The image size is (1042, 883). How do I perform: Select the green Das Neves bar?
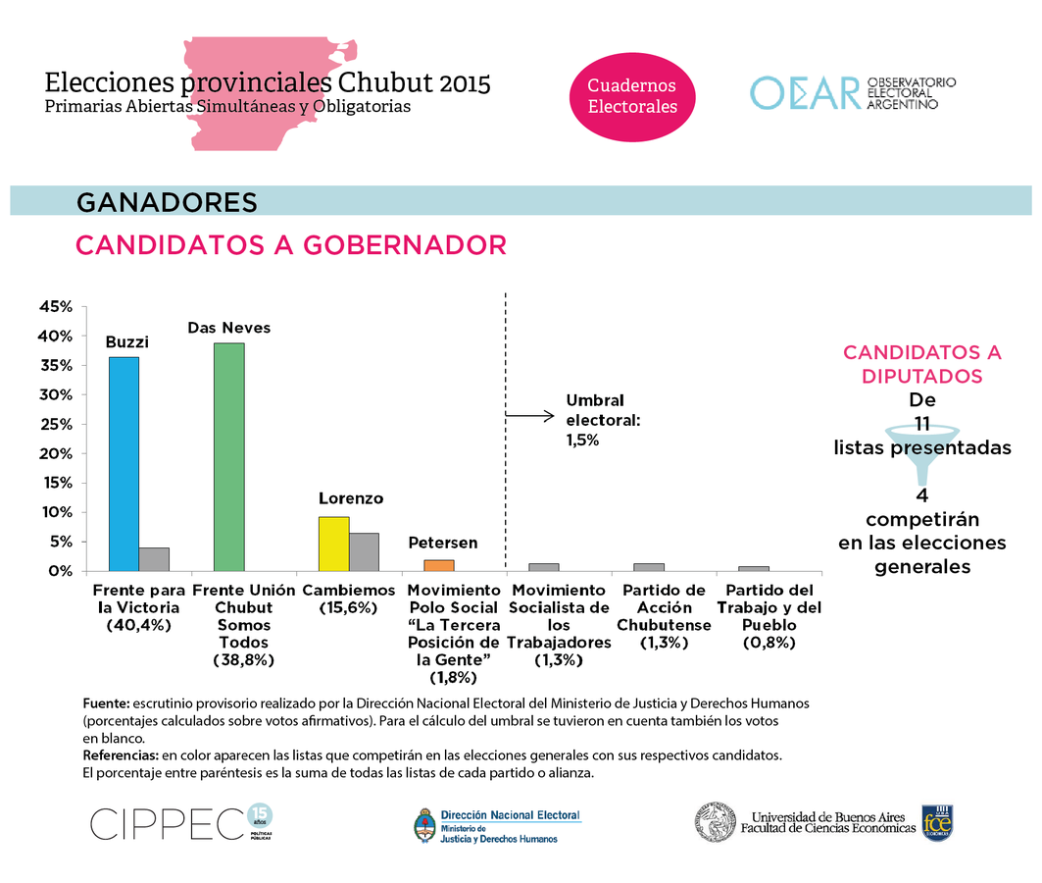coord(229,456)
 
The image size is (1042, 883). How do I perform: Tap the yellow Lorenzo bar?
coord(334,544)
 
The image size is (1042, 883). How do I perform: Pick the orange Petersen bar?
coord(439,565)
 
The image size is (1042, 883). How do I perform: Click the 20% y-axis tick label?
coord(55,453)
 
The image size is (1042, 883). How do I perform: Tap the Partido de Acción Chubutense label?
coord(665,616)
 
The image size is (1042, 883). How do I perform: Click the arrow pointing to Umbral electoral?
coord(529,416)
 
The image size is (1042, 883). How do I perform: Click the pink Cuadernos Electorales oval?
coord(632,96)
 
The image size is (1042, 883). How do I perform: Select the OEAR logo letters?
coord(804,92)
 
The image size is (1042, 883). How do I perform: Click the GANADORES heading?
coord(167,202)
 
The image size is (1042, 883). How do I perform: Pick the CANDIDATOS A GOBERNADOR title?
coord(291,245)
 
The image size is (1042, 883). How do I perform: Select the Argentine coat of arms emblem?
coord(425,826)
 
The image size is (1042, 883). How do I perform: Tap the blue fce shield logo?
coord(936,822)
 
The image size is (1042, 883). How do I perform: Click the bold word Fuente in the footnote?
coord(106,703)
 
